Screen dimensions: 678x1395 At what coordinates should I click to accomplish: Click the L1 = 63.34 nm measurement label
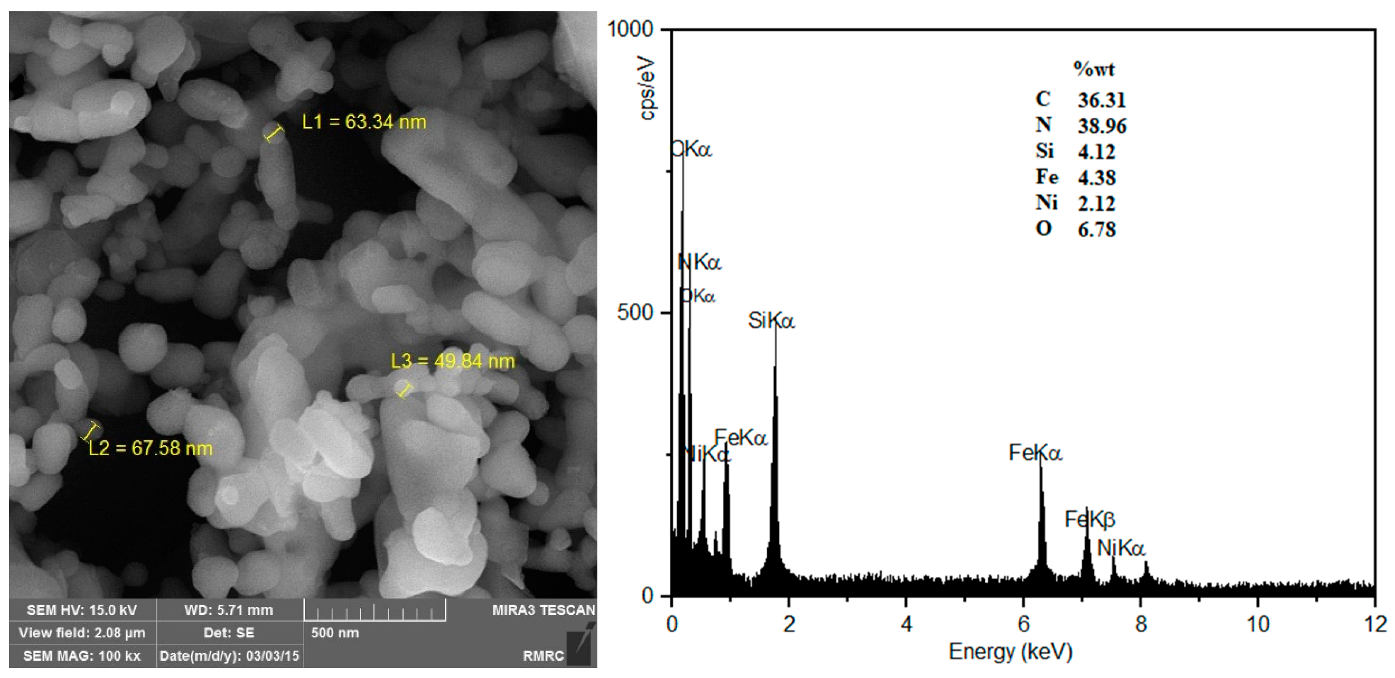pos(364,122)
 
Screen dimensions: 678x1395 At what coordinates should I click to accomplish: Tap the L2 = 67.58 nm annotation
pos(151,448)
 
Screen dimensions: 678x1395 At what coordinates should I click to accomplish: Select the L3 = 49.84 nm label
pos(453,361)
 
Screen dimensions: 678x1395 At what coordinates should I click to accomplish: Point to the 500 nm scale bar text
pos(335,633)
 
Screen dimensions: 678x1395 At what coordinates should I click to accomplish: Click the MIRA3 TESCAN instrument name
pos(543,610)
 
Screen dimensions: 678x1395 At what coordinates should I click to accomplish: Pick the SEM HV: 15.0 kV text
pos(82,610)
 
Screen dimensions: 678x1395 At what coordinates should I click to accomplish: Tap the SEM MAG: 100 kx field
pos(82,656)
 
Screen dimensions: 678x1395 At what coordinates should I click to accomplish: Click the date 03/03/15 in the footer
pos(273,656)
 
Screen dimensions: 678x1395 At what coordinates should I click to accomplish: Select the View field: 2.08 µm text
pos(82,633)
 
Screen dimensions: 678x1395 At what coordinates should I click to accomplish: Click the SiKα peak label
pos(771,321)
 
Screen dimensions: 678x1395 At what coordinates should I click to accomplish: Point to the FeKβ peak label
pos(1090,520)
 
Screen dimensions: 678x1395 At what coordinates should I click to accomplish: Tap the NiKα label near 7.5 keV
pos(1121,549)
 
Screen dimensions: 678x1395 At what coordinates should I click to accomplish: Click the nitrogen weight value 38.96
pos(1102,126)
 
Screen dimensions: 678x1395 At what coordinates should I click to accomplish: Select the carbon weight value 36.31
pos(1102,100)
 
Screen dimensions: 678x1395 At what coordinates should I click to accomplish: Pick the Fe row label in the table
pos(1046,177)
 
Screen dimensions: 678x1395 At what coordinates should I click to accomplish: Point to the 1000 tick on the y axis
pos(630,29)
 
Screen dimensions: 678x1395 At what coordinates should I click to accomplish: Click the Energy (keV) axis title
pos(1010,652)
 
